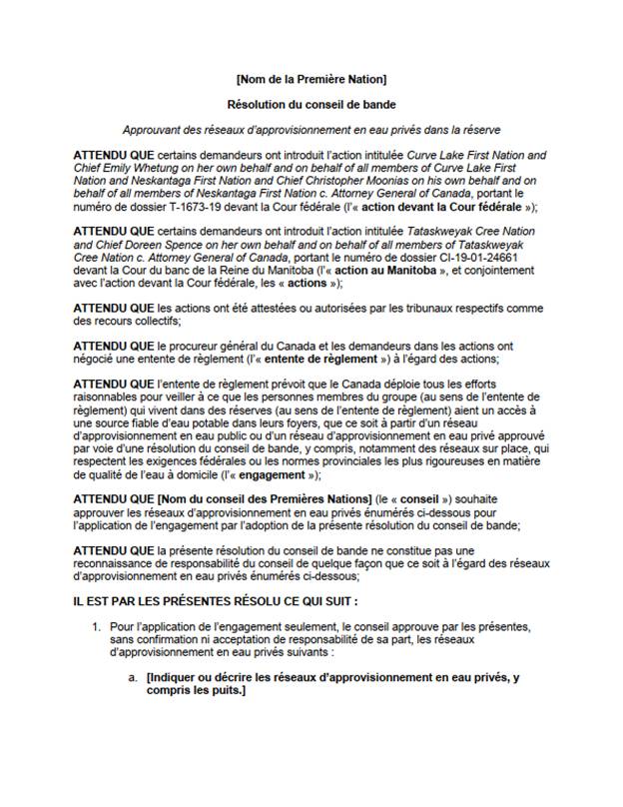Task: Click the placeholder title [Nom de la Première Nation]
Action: [x=311, y=78]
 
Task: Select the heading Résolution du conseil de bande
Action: [x=311, y=104]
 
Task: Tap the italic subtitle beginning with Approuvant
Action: [x=311, y=130]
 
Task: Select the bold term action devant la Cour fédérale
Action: [x=452, y=208]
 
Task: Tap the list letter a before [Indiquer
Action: [x=131, y=677]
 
